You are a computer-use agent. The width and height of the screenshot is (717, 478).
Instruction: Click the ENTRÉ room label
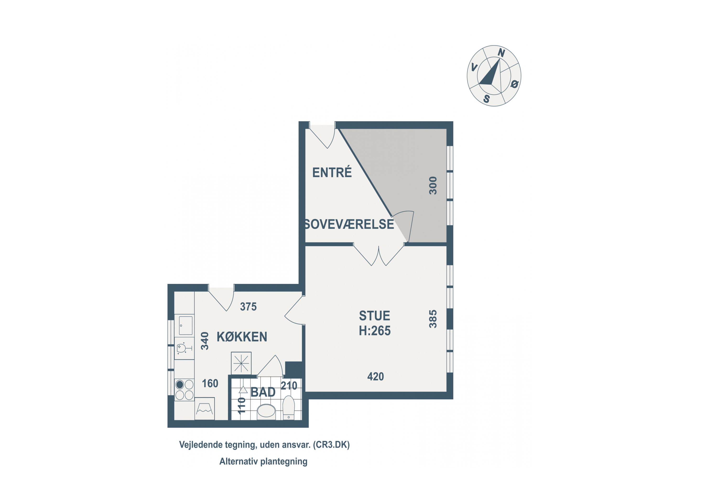332,173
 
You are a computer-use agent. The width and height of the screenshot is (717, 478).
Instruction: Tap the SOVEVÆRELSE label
349,224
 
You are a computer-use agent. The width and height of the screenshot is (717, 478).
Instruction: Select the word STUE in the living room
374,316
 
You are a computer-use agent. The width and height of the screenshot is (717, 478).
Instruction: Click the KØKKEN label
242,337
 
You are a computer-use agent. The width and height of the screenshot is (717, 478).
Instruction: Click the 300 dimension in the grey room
433,185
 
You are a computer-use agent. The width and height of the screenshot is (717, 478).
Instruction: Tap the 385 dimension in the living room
433,319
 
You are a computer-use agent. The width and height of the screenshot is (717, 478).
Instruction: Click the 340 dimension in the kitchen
205,341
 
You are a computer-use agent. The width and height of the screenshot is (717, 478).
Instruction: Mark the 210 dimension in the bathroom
289,386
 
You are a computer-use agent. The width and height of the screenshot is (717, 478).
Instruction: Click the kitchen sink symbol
186,326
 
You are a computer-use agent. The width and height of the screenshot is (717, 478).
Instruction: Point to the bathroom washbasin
266,412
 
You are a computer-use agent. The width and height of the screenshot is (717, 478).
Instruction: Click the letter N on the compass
501,53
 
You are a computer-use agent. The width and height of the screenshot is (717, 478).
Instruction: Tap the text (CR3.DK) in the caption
331,445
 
